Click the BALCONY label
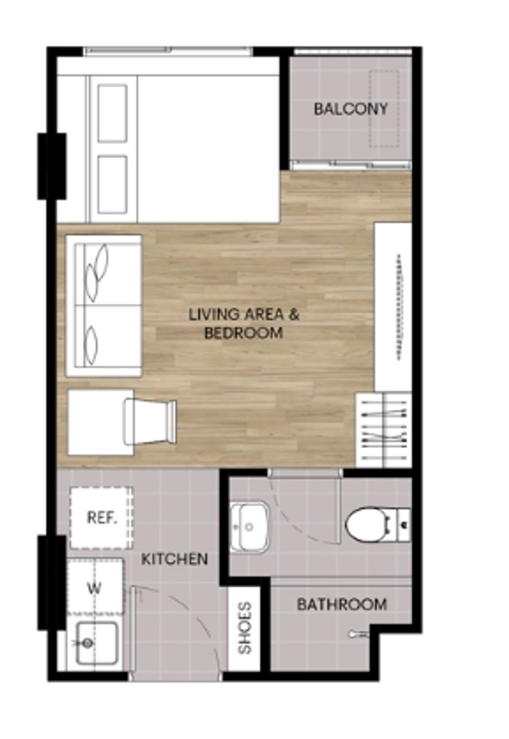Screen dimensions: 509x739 pos(351,109)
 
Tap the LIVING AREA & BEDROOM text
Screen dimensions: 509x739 pos(244,323)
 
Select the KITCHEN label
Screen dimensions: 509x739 pos(174,559)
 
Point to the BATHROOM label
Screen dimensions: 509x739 pos(342,604)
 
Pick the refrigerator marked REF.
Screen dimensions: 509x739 pos(101,518)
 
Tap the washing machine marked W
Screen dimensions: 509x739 pos(95,587)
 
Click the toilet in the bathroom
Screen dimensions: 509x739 pos(378,525)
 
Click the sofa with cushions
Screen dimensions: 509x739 pos(104,305)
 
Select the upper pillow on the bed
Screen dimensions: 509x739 pos(112,113)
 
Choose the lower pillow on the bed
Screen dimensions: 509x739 pos(112,185)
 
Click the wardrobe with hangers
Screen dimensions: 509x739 pos(383,430)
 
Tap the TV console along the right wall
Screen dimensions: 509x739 pos(393,307)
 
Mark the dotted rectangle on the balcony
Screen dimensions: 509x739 pos(384,109)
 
